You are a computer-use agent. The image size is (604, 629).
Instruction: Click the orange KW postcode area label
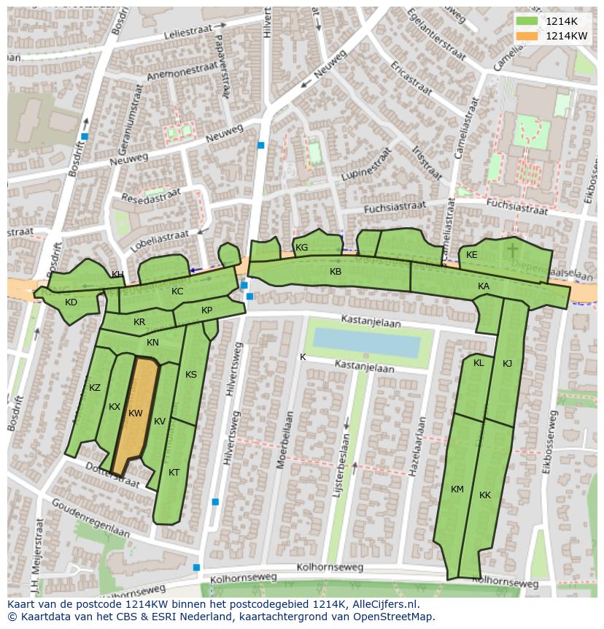click(135, 413)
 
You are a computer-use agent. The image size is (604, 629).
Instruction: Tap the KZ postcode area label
click(95, 388)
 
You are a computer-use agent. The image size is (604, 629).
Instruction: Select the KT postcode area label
click(174, 473)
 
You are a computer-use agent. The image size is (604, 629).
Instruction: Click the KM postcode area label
click(457, 489)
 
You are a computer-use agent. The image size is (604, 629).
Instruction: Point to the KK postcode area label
click(485, 495)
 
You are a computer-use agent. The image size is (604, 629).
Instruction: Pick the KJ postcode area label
click(507, 364)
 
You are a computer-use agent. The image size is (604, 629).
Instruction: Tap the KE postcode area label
click(472, 255)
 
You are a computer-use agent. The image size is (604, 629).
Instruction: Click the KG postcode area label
click(301, 248)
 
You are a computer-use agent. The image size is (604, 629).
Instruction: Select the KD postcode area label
click(71, 302)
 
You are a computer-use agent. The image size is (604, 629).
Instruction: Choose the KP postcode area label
click(206, 310)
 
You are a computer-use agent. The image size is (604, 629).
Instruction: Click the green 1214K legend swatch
click(526, 21)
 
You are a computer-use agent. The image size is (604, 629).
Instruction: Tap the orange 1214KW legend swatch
click(526, 36)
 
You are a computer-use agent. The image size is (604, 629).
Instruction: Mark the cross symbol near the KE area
click(513, 251)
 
